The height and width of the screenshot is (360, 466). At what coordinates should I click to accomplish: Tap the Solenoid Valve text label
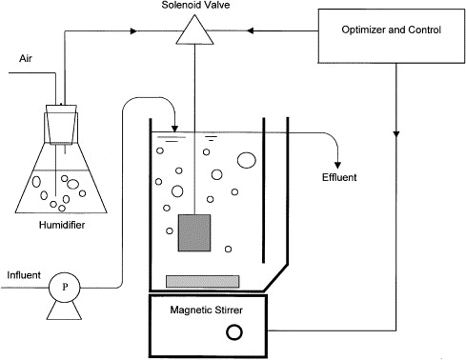pos(195,5)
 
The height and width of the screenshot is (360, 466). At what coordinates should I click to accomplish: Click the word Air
pos(26,58)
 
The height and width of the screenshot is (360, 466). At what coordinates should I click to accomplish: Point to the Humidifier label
pos(62,225)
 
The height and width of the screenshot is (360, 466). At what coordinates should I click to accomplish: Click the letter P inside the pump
pos(65,287)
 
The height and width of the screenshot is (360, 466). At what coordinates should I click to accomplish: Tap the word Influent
pos(24,275)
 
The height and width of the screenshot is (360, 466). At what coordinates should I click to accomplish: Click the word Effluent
pos(339,177)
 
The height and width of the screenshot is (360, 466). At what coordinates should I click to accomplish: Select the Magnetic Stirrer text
pos(207,310)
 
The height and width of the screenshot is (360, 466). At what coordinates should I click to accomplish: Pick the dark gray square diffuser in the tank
pos(194,232)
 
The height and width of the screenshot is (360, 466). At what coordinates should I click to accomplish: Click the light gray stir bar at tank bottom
pos(203,282)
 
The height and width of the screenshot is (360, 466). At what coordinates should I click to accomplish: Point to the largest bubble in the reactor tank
pos(247,160)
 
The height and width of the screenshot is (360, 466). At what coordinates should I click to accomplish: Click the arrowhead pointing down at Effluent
pos(338,165)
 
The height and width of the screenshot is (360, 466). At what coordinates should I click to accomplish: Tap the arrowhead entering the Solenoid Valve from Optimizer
pos(251,30)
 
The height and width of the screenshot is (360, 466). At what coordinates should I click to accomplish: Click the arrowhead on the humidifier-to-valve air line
pos(134,30)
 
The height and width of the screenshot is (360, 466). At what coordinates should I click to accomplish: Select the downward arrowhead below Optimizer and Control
pos(396,134)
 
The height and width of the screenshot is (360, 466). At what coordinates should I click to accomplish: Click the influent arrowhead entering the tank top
pos(174,129)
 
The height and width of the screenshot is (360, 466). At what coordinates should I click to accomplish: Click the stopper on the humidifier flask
pos(62,124)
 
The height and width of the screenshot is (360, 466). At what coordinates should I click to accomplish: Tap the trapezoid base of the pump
pos(64,310)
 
